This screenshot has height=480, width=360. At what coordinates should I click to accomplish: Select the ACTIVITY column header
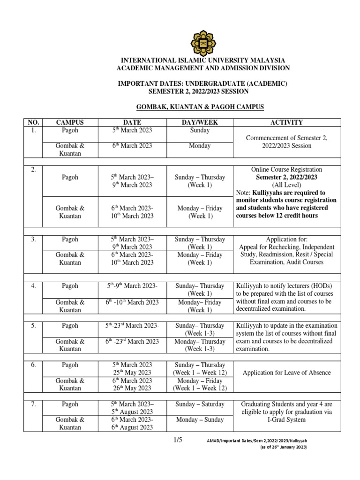click(286, 122)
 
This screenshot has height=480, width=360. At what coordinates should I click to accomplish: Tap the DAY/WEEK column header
click(200, 122)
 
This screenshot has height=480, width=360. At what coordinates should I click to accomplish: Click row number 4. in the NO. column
click(33, 286)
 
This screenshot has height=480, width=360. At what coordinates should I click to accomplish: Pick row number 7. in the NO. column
click(33, 404)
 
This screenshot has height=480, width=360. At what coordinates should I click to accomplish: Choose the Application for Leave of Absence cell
click(286, 373)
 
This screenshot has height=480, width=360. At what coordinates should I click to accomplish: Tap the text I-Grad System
click(286, 420)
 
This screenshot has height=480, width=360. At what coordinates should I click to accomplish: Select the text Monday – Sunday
click(200, 420)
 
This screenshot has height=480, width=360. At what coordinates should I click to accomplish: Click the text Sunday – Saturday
click(200, 404)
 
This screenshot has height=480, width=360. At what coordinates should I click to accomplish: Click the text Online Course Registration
click(286, 169)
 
